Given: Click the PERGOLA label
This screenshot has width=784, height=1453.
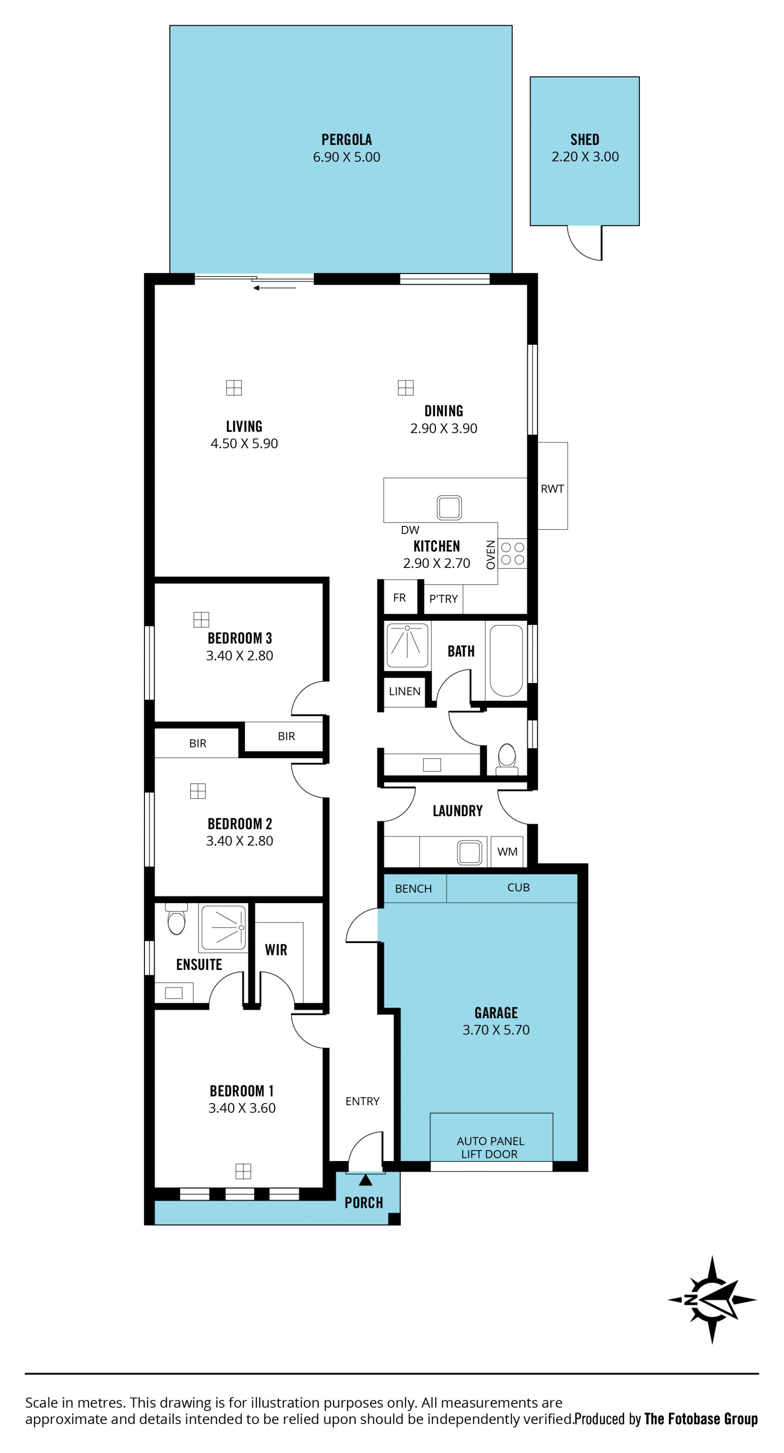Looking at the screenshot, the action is [346, 139].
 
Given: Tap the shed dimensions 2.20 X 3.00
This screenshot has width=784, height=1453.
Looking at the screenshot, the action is [585, 157].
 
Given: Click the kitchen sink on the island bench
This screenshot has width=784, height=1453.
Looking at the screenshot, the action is [449, 507].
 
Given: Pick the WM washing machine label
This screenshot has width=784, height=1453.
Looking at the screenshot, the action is [507, 852].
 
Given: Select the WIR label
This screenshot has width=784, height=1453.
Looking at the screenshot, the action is [276, 950].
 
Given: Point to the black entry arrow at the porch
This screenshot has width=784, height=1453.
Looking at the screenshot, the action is [365, 1179].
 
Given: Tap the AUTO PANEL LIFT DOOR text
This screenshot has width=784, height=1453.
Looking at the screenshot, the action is [490, 1147].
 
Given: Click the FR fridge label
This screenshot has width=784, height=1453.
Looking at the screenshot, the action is [399, 598].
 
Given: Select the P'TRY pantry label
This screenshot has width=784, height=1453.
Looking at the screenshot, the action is [443, 599].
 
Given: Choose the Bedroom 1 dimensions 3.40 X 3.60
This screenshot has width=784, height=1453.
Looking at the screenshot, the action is [242, 1108].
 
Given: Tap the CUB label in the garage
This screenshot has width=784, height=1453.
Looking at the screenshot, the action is [518, 887].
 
